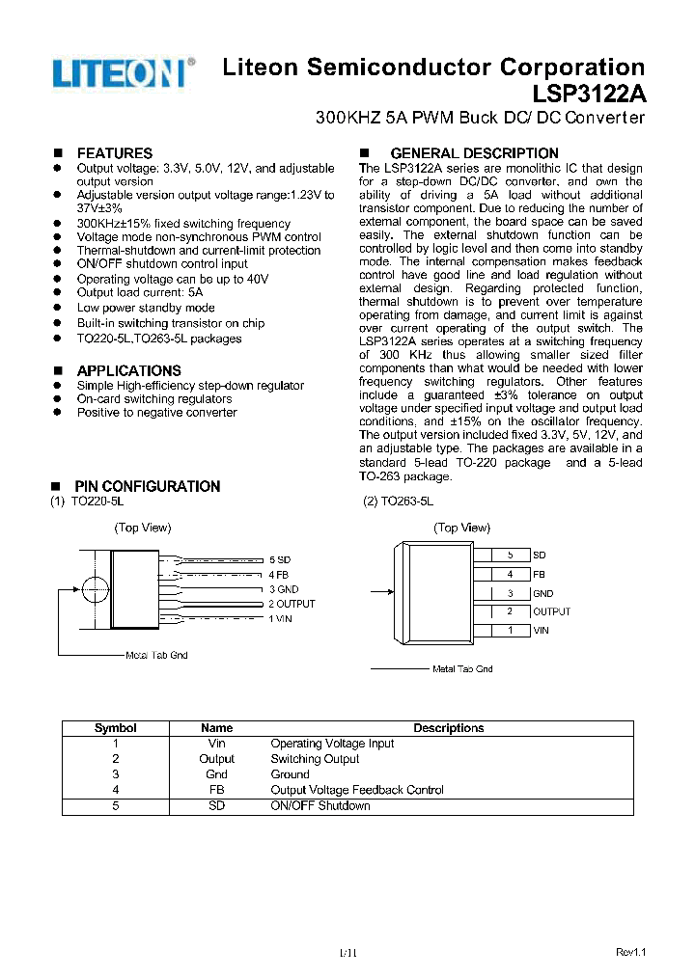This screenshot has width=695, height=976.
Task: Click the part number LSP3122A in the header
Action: [x=589, y=95]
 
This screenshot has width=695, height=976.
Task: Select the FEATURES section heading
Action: [x=114, y=153]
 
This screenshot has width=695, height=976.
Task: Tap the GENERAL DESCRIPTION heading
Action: [x=473, y=153]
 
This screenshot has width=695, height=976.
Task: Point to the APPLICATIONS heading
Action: [x=128, y=371]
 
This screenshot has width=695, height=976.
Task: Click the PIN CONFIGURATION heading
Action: [x=147, y=487]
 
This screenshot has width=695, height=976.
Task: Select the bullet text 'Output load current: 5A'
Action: [x=140, y=292]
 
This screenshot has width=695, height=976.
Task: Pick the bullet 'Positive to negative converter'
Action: [x=156, y=413]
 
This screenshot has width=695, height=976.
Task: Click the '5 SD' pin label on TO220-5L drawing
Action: [x=279, y=559]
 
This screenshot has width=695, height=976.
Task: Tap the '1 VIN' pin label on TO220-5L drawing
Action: [x=281, y=618]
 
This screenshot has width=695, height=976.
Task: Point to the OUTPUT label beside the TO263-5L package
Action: [x=551, y=611]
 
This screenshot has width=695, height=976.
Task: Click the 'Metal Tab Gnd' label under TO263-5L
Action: [x=462, y=668]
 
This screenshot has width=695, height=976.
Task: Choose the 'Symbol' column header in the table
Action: [x=115, y=728]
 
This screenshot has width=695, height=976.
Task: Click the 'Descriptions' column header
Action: [x=449, y=728]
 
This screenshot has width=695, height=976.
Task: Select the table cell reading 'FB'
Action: [x=216, y=790]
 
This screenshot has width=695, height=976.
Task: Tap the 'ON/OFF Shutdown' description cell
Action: [x=320, y=805]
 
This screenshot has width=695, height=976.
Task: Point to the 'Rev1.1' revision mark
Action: [x=630, y=952]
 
